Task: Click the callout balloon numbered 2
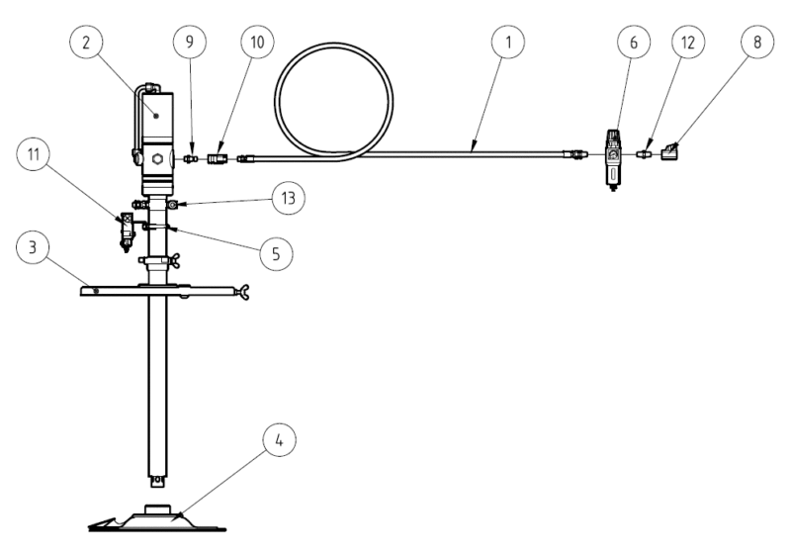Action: click(86, 42)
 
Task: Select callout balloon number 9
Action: click(190, 42)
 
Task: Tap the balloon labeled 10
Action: click(257, 42)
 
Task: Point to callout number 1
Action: click(508, 42)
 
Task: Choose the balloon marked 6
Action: click(634, 42)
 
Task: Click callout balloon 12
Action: click(688, 42)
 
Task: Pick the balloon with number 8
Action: click(757, 42)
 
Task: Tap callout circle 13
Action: click(288, 198)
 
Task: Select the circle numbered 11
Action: click(34, 154)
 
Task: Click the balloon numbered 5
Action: click(277, 253)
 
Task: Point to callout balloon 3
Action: click(33, 247)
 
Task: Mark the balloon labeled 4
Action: click(280, 440)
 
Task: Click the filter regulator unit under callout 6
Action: click(613, 160)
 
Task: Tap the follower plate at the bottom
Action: click(157, 518)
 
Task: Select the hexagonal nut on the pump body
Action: click(157, 160)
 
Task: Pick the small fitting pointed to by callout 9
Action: click(190, 159)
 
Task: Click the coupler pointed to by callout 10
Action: click(218, 159)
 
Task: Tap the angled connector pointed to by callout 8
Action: click(670, 151)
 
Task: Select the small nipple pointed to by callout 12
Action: click(644, 152)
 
